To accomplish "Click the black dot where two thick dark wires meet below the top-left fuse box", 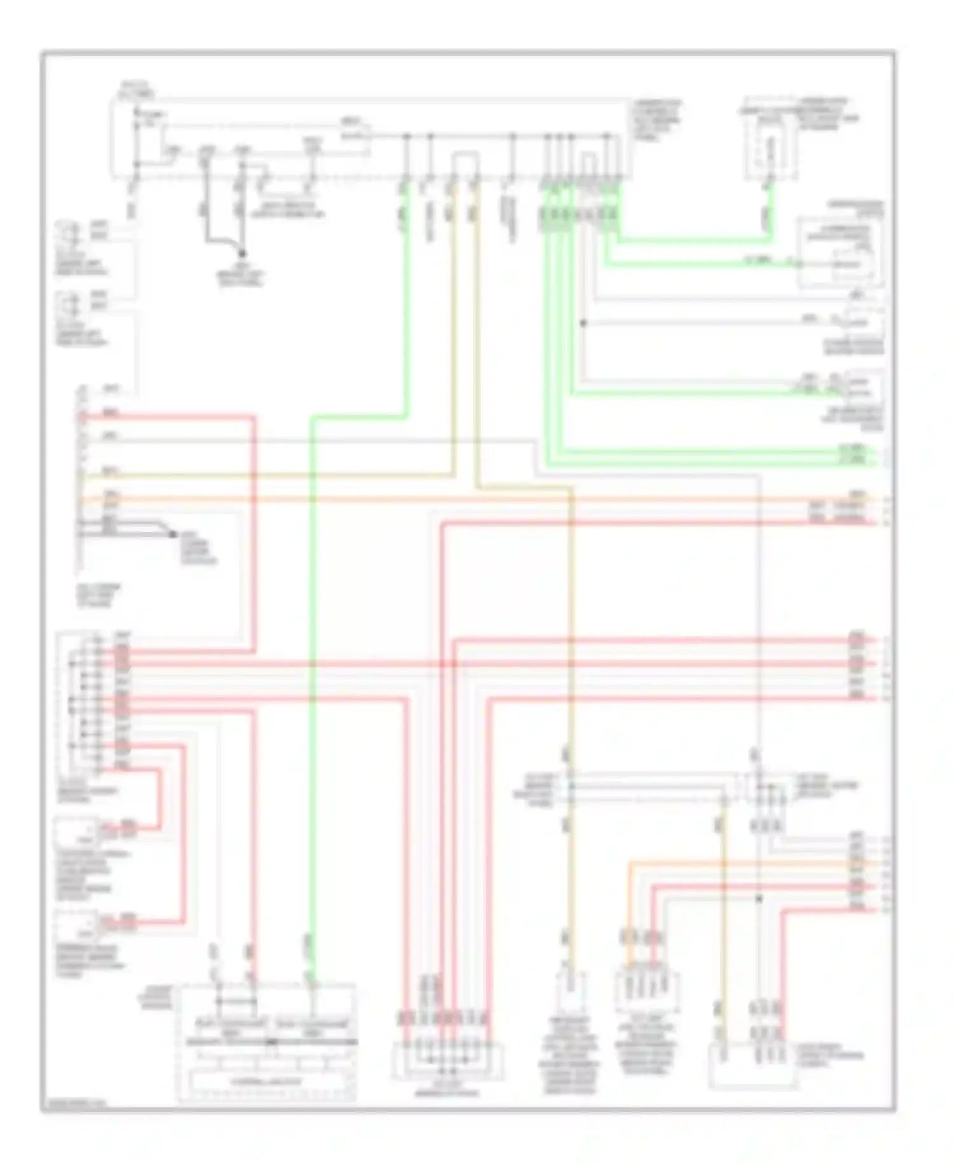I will coord(243,253).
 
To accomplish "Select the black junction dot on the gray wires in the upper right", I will coord(583,323).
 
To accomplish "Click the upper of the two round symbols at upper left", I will coord(72,232).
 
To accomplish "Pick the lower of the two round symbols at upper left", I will coord(72,301).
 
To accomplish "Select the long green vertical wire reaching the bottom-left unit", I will coord(312,700).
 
